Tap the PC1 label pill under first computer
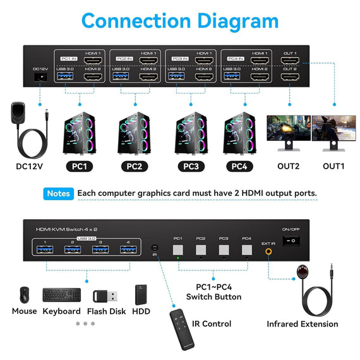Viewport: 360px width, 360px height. click(x=80, y=167)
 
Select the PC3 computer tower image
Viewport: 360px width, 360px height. click(x=190, y=134)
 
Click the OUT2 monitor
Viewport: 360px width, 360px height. click(x=288, y=131)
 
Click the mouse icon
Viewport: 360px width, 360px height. click(x=24, y=295)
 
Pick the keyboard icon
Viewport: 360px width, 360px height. click(x=61, y=295)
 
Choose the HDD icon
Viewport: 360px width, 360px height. click(x=141, y=295)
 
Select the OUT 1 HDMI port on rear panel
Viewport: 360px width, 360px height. click(x=290, y=61)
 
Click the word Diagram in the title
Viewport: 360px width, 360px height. click(x=226, y=20)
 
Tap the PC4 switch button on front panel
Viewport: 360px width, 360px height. click(x=246, y=249)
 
